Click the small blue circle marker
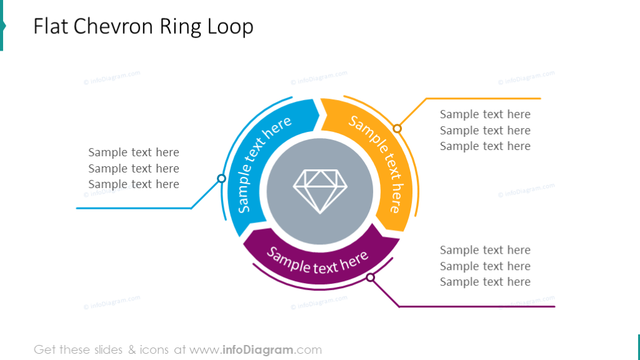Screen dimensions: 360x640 [x=221, y=179]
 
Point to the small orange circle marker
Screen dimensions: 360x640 [x=397, y=129]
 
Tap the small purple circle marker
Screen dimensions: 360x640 [x=371, y=277]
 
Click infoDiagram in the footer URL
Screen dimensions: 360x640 [x=259, y=350]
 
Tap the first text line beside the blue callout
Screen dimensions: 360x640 [x=134, y=152]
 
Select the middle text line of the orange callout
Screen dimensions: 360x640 [x=485, y=131]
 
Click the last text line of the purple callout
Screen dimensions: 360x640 [x=485, y=282]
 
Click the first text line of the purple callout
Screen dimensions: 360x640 [x=485, y=250]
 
